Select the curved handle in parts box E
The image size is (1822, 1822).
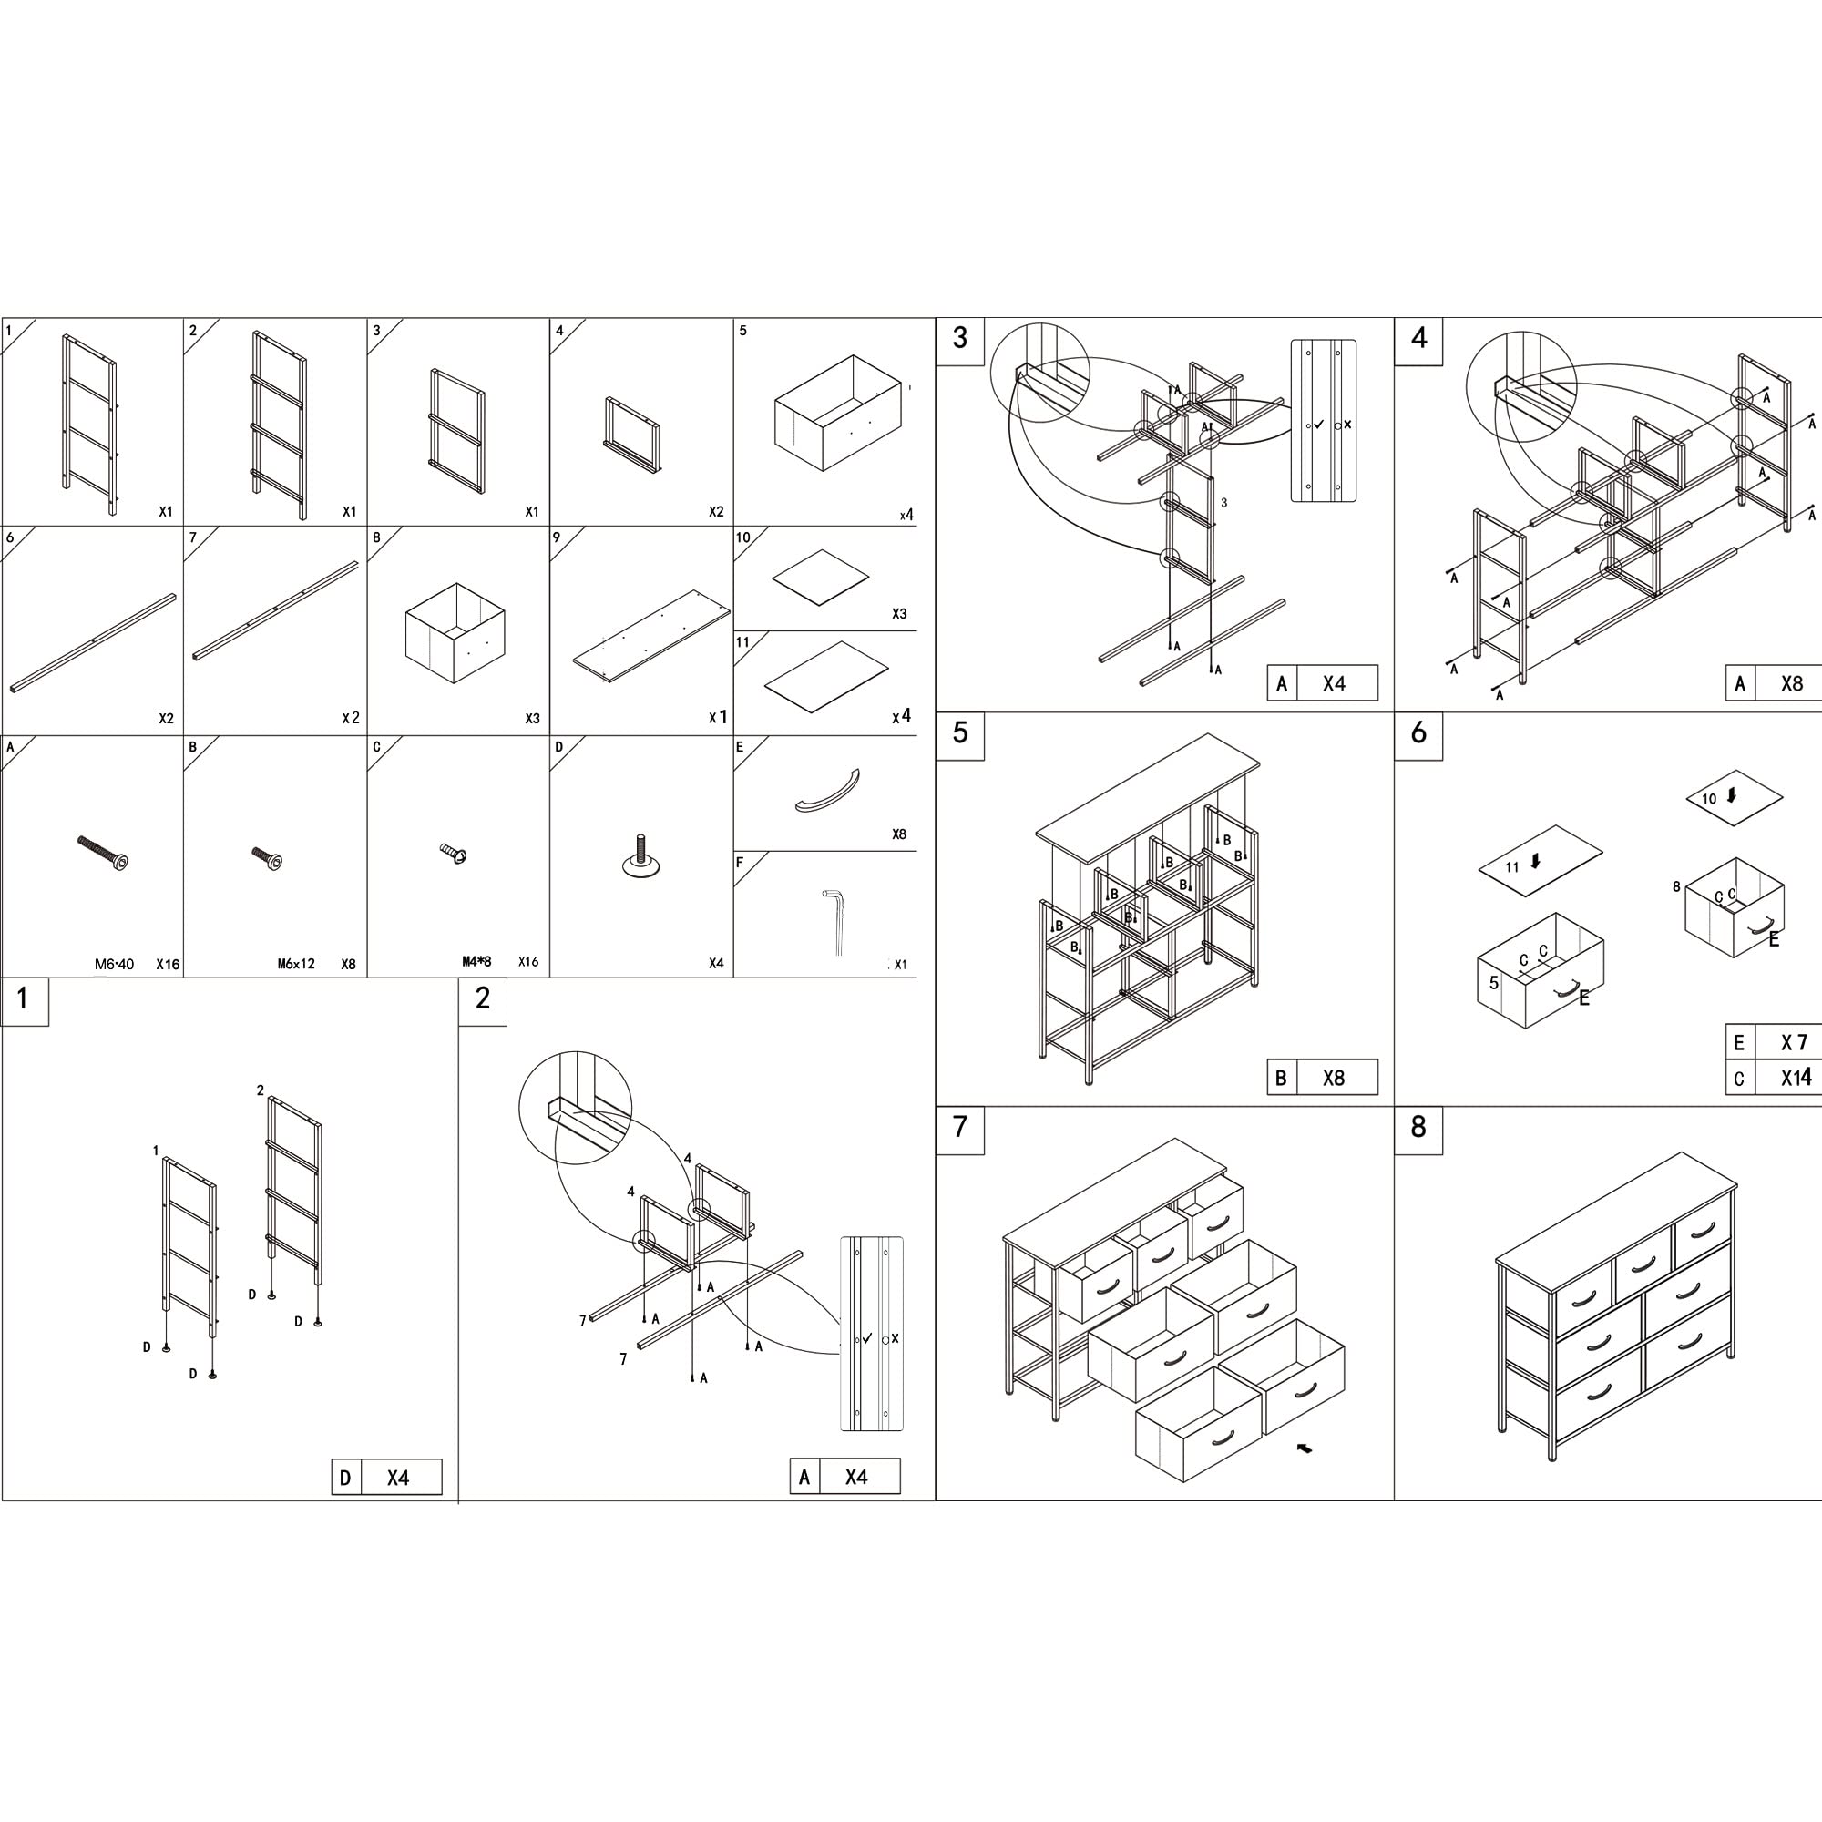tap(827, 790)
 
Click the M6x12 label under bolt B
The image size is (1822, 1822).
tap(296, 964)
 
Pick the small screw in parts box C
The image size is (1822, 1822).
tap(454, 854)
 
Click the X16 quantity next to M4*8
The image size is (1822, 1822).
tap(528, 962)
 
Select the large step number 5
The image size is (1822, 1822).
tap(960, 732)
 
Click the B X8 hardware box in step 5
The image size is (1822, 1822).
tap(1322, 1078)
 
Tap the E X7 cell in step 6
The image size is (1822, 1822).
tap(1774, 1042)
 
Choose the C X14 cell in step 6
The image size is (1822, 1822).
tap(1774, 1078)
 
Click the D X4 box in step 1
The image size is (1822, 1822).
tap(386, 1477)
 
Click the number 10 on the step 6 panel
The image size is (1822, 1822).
tap(1709, 799)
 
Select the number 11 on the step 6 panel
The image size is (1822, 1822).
tap(1512, 866)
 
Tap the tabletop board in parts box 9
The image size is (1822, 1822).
tap(651, 638)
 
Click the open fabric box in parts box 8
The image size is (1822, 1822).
tap(455, 633)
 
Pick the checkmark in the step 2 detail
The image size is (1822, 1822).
tap(866, 1337)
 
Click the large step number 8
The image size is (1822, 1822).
tap(1418, 1127)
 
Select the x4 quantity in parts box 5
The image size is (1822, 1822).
tap(906, 515)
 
